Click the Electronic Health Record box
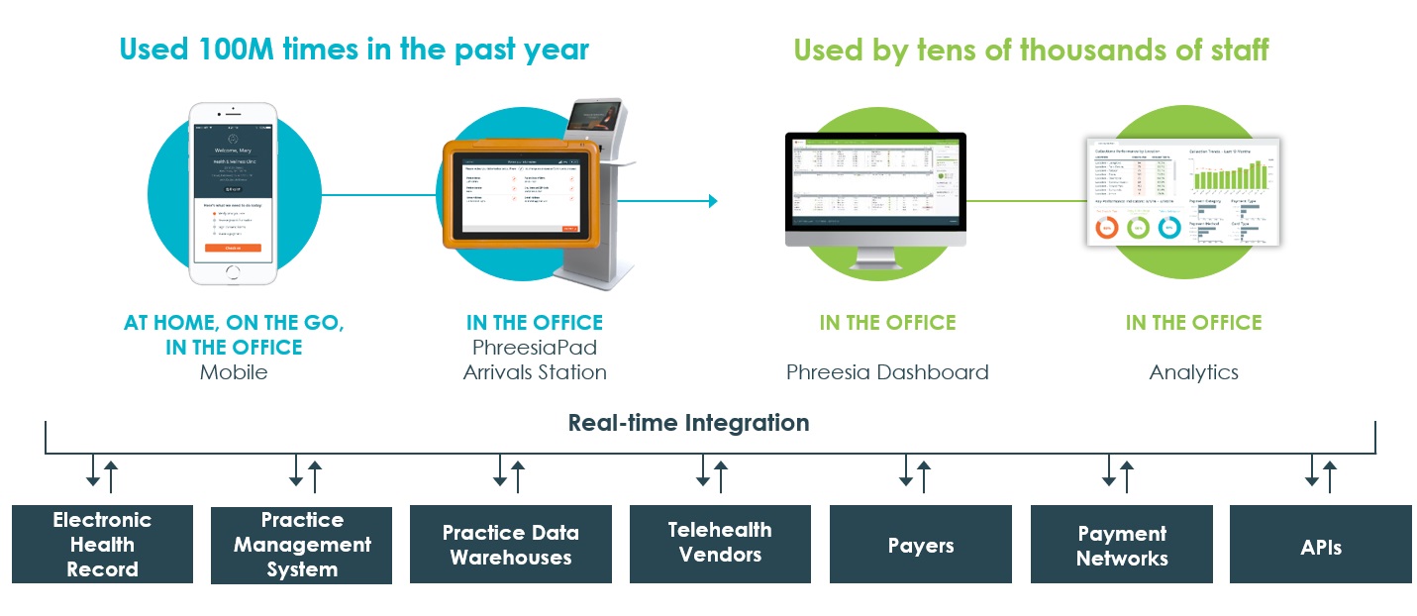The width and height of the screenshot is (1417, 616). click(102, 544)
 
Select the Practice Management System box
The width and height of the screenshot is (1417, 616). click(302, 544)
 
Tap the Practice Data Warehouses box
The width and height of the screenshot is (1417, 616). click(510, 544)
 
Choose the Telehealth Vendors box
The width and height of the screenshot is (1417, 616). click(720, 543)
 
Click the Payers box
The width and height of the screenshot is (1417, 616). click(920, 544)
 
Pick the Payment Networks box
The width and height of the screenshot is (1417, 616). click(1121, 544)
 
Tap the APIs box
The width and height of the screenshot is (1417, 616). click(1321, 544)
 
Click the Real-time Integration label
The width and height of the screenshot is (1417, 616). click(688, 423)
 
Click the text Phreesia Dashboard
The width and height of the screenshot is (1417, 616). click(887, 372)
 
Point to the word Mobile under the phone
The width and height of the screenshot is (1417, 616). click(234, 372)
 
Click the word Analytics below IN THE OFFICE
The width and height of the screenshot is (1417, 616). click(1193, 372)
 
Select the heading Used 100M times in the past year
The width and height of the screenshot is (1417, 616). click(354, 49)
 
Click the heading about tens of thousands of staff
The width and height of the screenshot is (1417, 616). click(1031, 49)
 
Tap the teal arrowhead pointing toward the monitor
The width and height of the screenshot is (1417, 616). click(712, 201)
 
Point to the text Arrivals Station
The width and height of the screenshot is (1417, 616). click(535, 372)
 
